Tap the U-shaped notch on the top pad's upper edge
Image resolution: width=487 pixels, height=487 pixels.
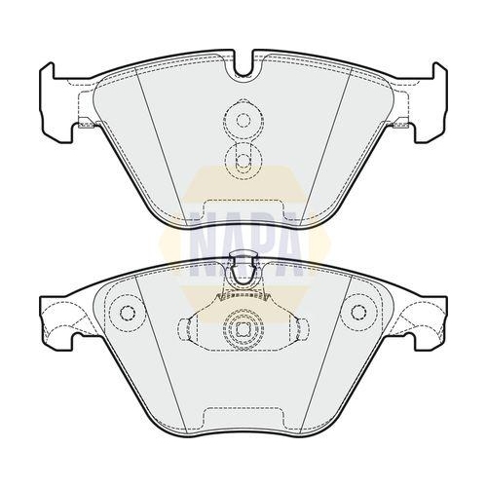click(x=243, y=64)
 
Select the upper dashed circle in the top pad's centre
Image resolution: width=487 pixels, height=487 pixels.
click(x=243, y=120)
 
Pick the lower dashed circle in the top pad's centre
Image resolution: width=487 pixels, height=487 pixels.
click(x=243, y=160)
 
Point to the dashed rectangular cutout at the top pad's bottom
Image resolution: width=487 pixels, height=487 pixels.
click(x=243, y=210)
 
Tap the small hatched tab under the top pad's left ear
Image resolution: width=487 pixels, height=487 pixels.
click(x=87, y=123)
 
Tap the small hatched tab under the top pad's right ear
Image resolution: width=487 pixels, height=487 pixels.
click(x=400, y=123)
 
